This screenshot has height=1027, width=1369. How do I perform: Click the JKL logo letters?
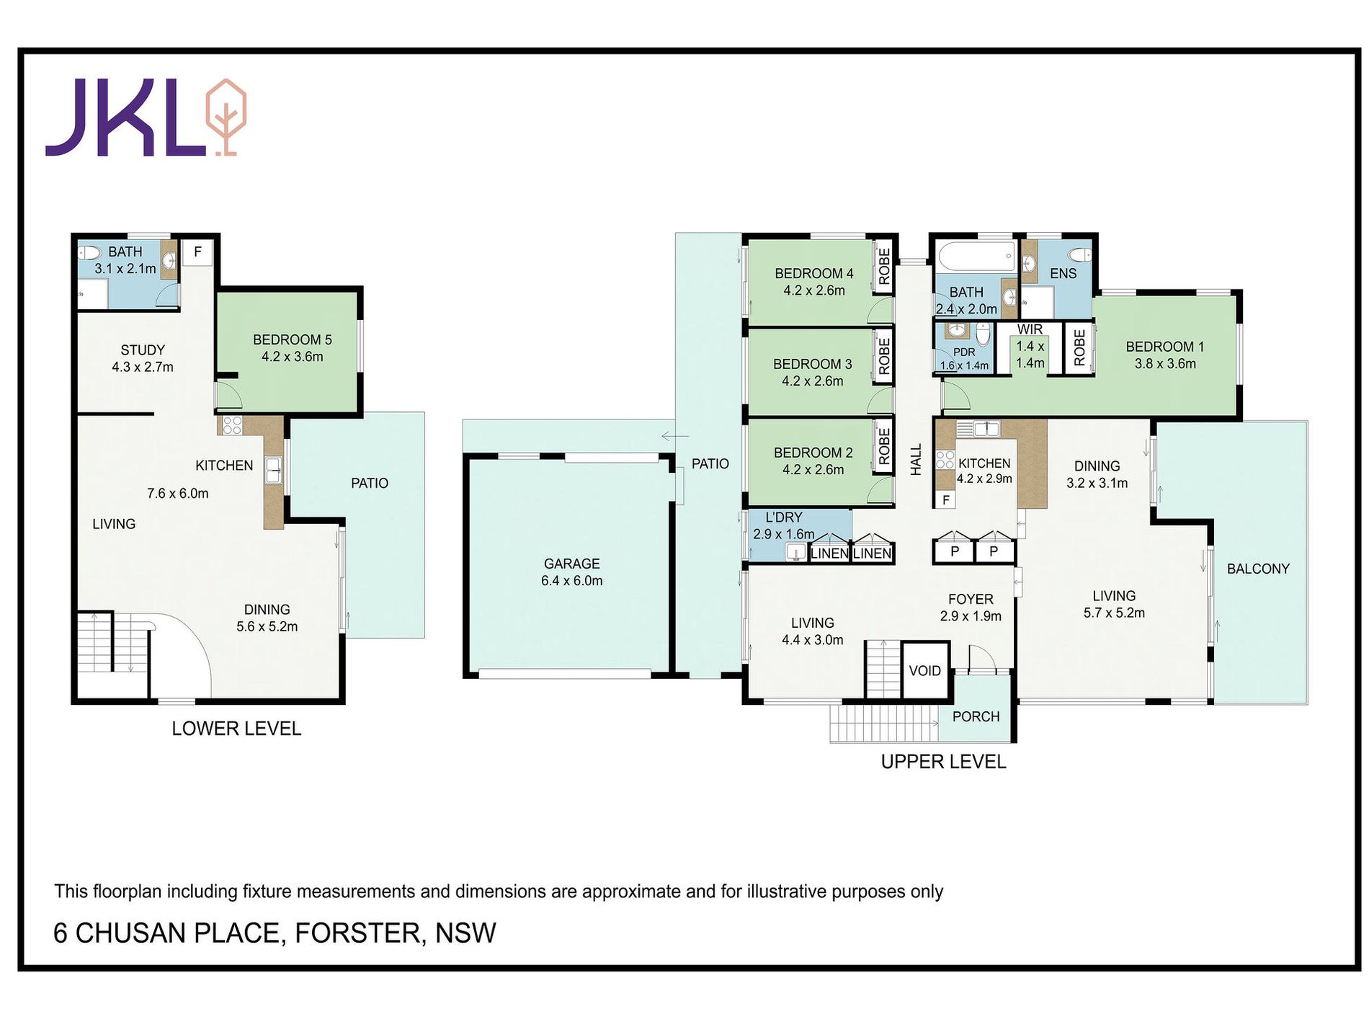(x=127, y=117)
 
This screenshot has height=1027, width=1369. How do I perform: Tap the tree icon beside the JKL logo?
(x=226, y=117)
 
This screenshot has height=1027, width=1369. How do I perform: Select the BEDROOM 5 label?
(x=293, y=339)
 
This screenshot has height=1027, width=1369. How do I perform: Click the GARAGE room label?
(x=572, y=564)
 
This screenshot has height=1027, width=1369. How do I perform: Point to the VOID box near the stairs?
(x=925, y=670)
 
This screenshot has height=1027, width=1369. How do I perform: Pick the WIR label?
(x=1030, y=329)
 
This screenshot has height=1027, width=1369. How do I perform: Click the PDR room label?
(x=964, y=352)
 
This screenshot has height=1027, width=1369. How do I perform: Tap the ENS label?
(x=1063, y=273)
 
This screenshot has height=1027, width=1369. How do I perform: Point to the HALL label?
(x=916, y=459)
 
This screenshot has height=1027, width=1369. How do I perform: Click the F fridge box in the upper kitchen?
(x=946, y=499)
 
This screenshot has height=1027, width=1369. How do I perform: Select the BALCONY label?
(x=1258, y=569)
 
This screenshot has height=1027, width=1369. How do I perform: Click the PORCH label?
(x=976, y=716)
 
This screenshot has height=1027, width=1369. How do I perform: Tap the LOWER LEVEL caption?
(x=236, y=729)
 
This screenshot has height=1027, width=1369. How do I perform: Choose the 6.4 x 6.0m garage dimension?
(x=572, y=581)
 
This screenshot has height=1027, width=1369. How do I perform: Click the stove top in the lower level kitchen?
(x=232, y=425)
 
